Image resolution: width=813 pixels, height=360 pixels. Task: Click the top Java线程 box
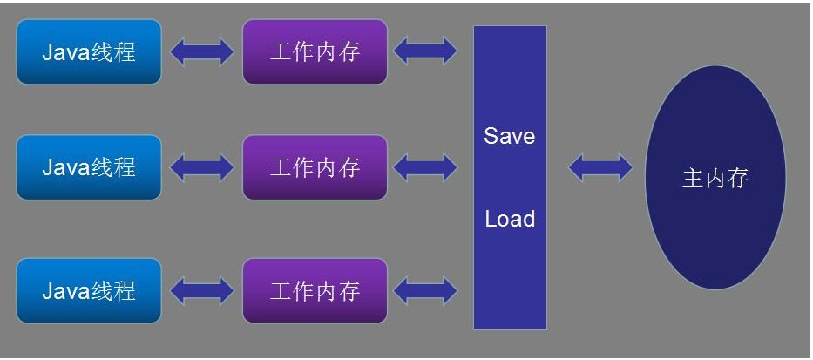click(x=89, y=52)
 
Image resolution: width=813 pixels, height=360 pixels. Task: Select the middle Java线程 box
click(x=89, y=166)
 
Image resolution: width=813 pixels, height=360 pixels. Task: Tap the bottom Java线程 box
click(x=89, y=290)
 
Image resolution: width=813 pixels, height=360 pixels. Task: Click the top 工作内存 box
click(x=315, y=52)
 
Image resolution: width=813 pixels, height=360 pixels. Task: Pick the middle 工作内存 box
click(x=315, y=166)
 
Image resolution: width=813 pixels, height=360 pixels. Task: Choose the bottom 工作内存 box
click(x=315, y=290)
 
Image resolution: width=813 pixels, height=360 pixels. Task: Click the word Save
click(x=510, y=136)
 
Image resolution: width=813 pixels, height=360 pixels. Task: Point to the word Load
click(x=510, y=219)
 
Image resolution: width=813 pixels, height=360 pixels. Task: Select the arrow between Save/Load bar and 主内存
click(x=600, y=167)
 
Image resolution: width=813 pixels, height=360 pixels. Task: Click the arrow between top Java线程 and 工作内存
click(x=202, y=52)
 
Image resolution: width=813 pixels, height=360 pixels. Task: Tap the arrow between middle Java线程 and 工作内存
click(x=202, y=166)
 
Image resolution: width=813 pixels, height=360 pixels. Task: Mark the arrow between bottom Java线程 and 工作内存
click(x=202, y=290)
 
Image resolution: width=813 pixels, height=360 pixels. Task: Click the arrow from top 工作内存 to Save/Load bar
click(x=425, y=51)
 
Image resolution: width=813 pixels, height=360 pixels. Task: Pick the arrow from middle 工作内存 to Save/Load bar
click(x=425, y=166)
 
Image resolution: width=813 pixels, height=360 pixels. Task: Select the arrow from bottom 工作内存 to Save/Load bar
click(x=425, y=290)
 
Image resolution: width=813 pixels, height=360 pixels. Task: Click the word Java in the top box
click(x=65, y=52)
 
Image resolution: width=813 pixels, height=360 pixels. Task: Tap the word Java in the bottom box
click(x=65, y=290)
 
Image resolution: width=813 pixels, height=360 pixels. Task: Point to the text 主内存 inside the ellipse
click(x=715, y=179)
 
